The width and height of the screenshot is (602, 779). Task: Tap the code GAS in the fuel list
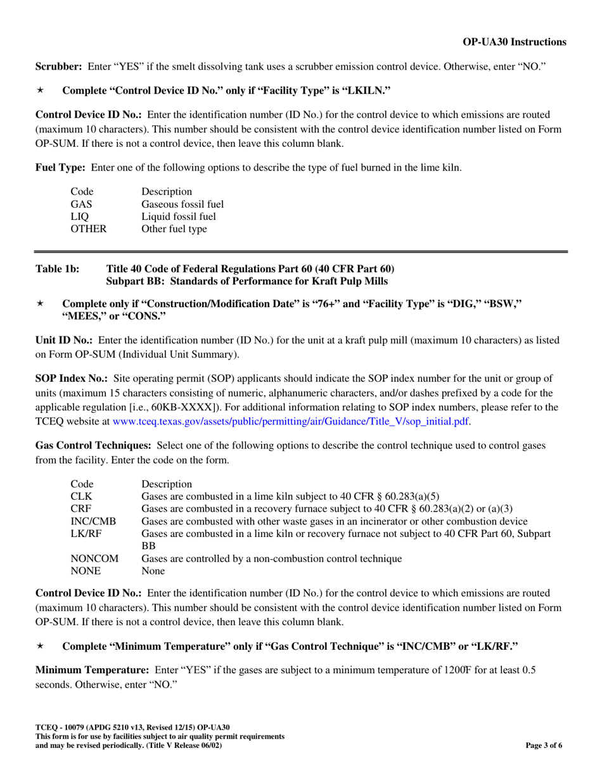click(80, 204)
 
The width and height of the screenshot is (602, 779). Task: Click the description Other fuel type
click(174, 229)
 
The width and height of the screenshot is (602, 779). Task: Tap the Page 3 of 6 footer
click(544, 745)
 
